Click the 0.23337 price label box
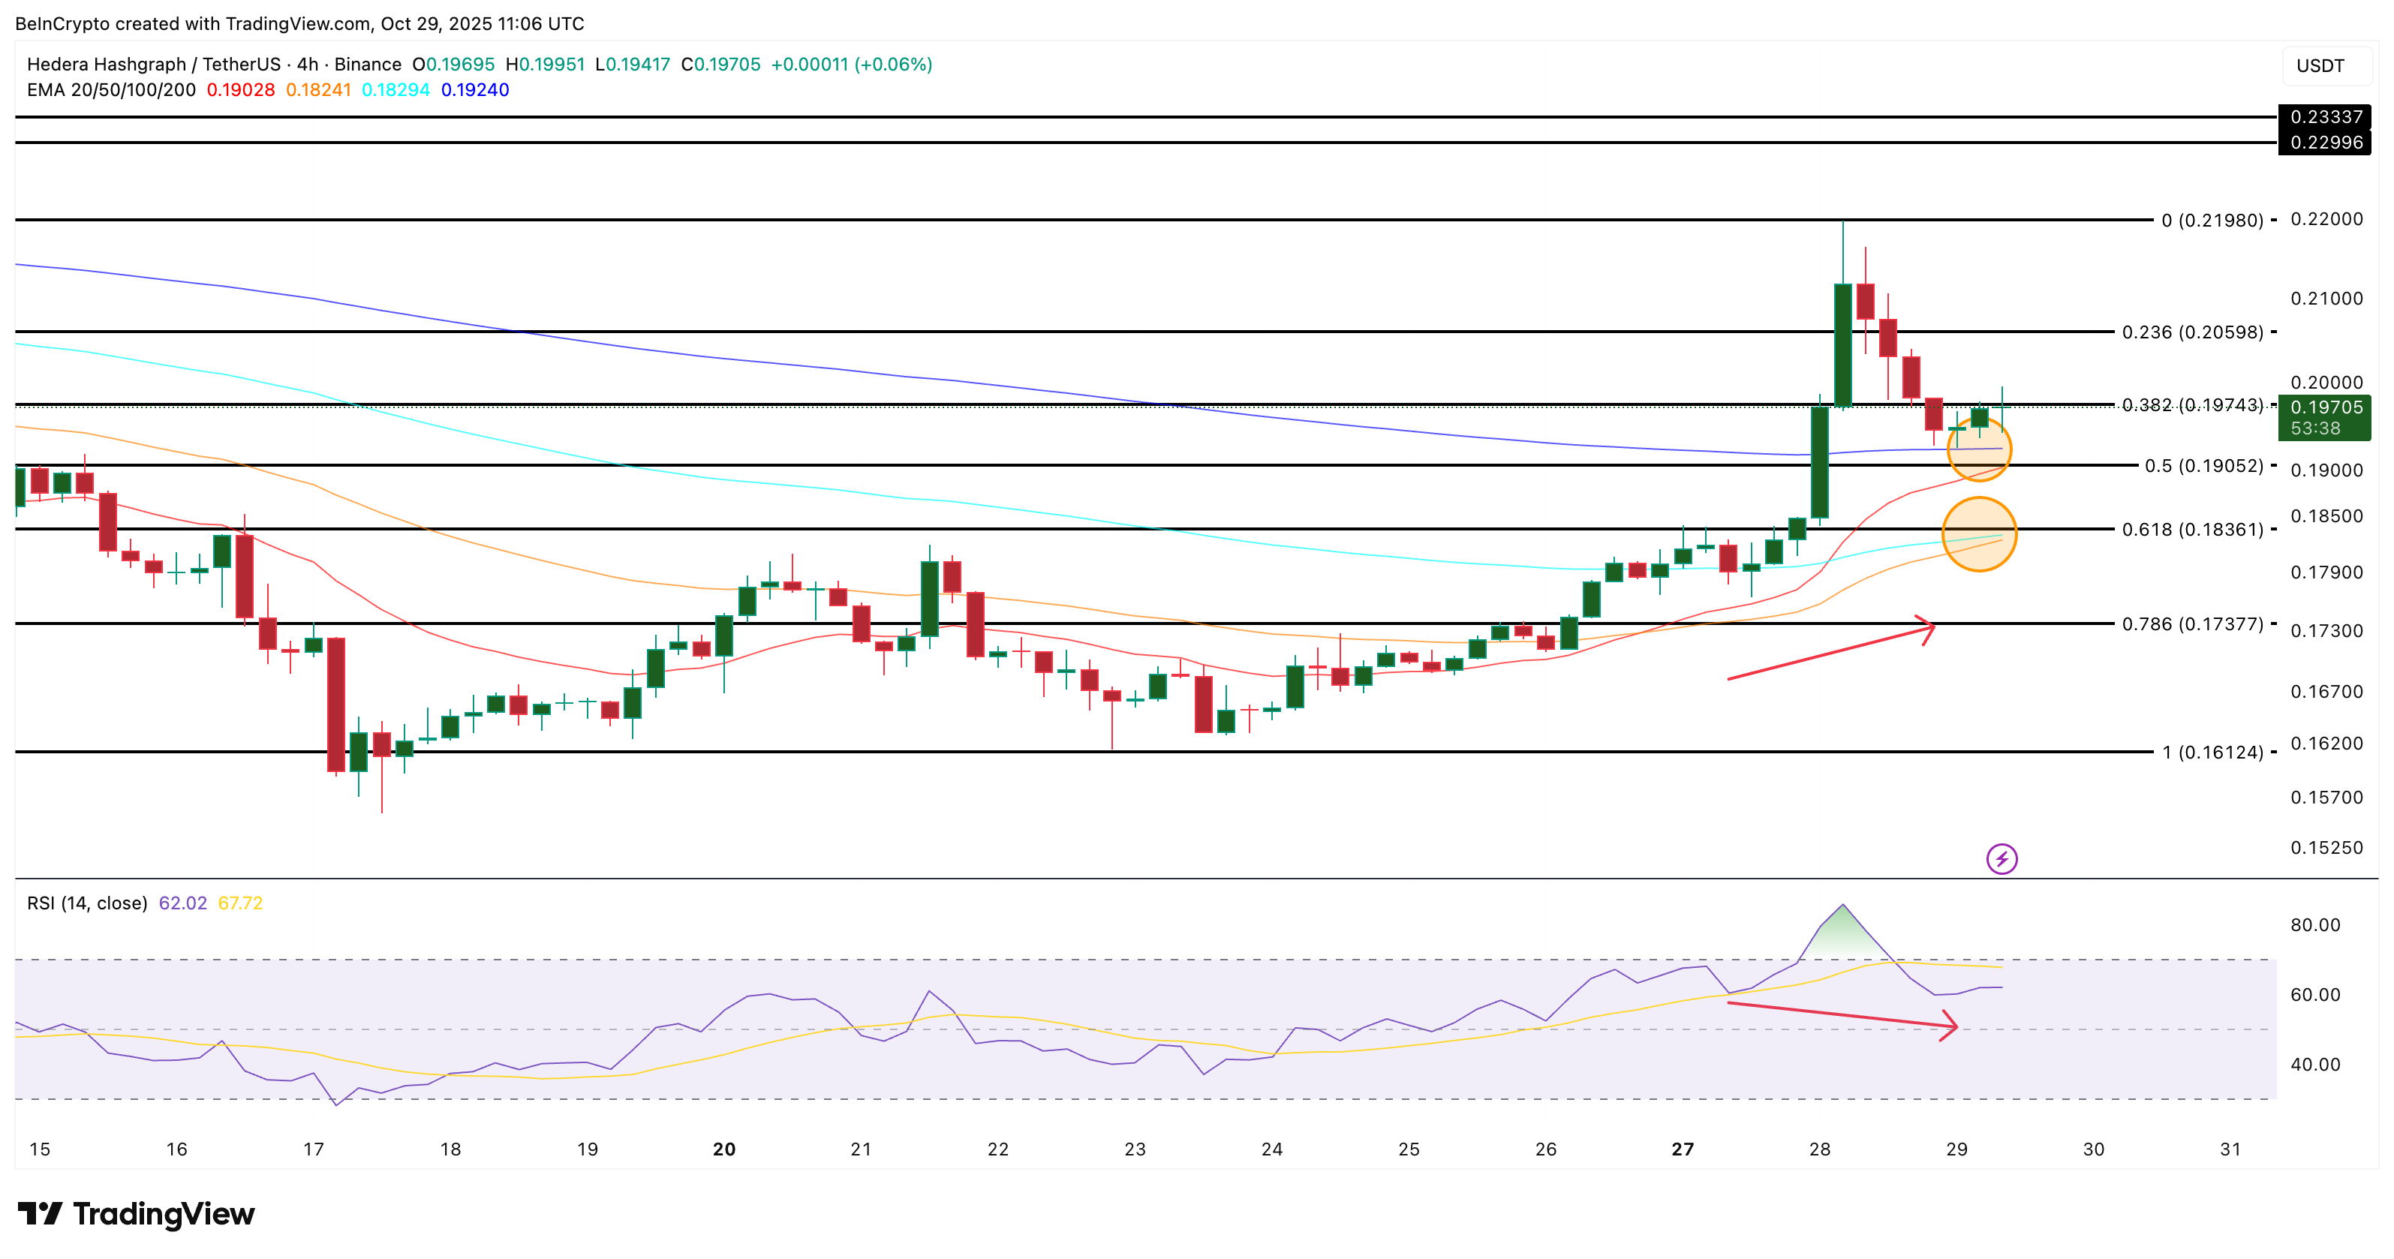[2324, 117]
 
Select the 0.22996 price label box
[2324, 142]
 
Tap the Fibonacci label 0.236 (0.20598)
[2191, 332]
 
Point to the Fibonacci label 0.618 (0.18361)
[2191, 530]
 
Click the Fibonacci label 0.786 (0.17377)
[2191, 623]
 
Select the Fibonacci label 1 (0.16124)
[2212, 752]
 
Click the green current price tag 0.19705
[2324, 417]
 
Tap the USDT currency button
[2320, 66]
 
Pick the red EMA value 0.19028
[241, 90]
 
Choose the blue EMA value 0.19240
[475, 90]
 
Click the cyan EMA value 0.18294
[396, 90]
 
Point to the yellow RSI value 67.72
[239, 903]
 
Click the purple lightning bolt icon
[2001, 858]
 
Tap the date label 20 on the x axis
[724, 1149]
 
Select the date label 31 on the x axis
[2230, 1149]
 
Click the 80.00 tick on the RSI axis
[2315, 924]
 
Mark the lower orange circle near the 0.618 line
[1980, 533]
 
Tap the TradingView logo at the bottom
[136, 1213]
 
